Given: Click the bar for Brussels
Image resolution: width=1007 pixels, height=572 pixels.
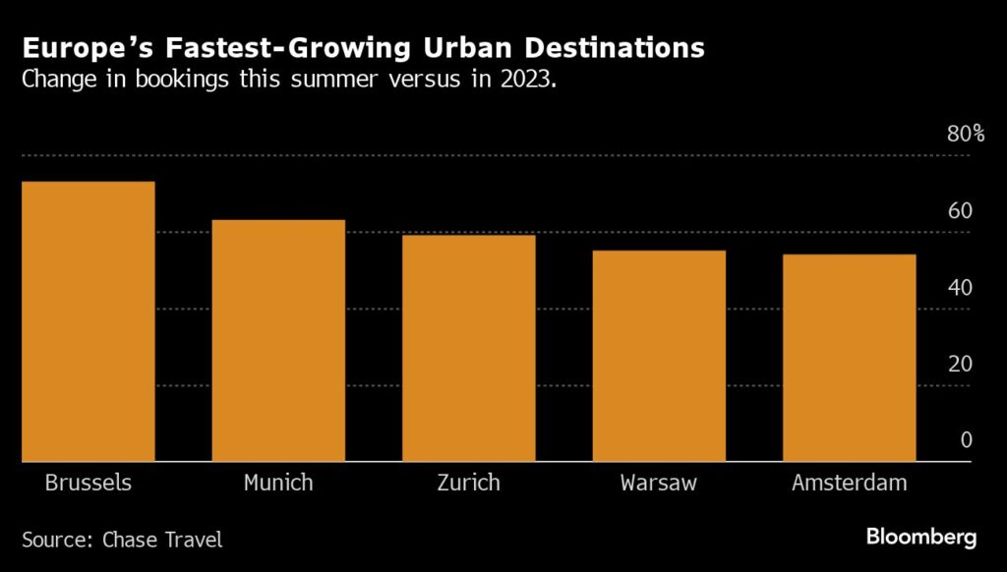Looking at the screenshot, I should [89, 321].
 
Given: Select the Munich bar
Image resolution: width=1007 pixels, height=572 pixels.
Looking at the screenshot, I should [278, 340].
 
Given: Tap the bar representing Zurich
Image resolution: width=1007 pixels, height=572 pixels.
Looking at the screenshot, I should [468, 348].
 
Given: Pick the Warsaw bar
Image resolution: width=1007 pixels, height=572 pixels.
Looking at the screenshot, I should [659, 356].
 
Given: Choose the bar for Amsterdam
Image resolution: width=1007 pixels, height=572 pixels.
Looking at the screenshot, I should [849, 358].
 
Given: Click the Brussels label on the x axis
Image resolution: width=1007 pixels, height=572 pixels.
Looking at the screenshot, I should [89, 484].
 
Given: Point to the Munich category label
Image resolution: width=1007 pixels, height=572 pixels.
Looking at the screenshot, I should [278, 484].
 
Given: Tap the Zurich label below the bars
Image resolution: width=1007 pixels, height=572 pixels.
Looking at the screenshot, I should [468, 484].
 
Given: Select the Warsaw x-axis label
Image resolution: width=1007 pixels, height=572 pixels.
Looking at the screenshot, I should [659, 484].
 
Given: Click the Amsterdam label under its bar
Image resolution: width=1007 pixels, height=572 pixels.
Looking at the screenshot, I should [849, 484].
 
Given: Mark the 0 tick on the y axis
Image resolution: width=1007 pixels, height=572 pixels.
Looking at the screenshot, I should [966, 440].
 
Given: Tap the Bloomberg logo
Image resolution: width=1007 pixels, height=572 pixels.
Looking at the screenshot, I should [921, 538].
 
